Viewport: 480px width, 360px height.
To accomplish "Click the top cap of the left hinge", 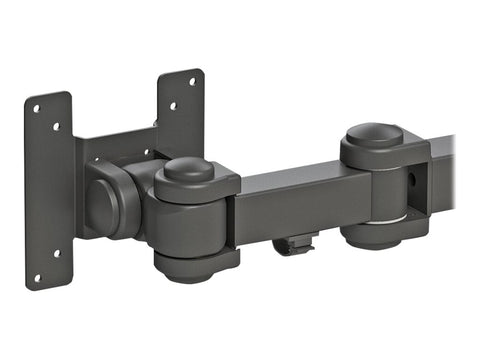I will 189,168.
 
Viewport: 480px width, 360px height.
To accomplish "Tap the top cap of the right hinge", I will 375,133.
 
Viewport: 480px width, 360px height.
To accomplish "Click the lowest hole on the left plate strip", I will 38,277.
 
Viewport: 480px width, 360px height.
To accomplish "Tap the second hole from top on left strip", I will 56,126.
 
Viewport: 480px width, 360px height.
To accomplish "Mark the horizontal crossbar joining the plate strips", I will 120,145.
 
